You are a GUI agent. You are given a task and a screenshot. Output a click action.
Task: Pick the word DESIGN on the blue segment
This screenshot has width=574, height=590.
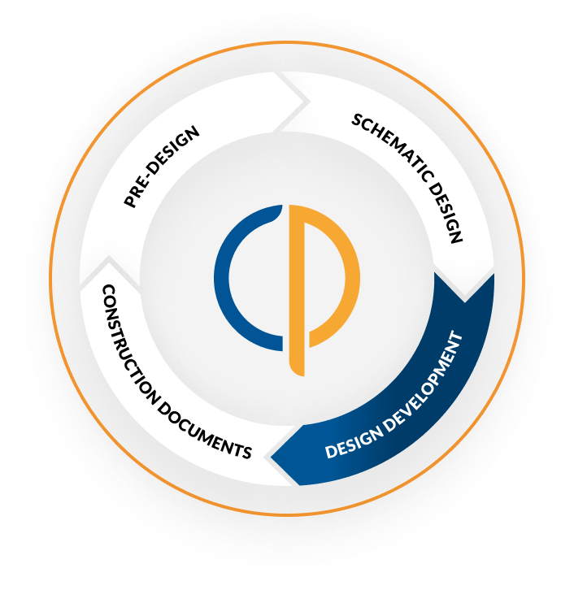click(350, 443)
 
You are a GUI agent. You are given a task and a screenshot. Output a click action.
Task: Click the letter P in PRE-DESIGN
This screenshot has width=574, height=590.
click(129, 202)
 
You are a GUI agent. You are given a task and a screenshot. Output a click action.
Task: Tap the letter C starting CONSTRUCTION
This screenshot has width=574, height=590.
click(107, 290)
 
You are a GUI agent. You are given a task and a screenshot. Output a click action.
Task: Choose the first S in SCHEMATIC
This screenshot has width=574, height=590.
click(356, 121)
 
